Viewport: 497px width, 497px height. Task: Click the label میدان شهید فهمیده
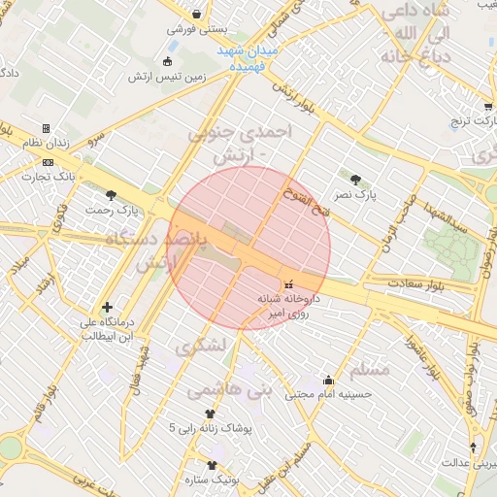[247, 57]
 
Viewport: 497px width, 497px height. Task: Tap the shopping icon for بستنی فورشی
[198, 15]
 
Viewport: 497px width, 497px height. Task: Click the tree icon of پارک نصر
[355, 179]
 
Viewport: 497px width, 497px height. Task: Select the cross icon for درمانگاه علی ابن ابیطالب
[107, 307]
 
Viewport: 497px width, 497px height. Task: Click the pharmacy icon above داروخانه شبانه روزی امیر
[287, 284]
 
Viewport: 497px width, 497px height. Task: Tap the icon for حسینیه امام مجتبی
[328, 380]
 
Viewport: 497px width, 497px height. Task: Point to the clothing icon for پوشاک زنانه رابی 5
[209, 413]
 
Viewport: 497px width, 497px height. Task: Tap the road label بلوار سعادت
[387, 282]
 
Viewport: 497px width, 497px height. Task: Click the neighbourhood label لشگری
[200, 346]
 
